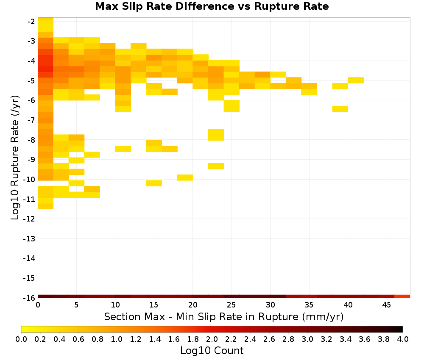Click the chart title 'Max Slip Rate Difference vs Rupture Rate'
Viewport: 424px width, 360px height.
coord(212,6)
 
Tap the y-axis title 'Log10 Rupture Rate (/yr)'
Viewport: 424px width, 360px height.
coord(15,158)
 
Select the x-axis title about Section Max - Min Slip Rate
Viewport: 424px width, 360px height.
coord(224,316)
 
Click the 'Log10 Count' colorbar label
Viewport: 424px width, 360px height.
coord(212,351)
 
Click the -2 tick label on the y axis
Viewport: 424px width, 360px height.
coord(31,21)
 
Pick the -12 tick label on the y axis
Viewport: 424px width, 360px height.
coord(29,219)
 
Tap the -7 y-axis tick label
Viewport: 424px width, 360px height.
coord(31,120)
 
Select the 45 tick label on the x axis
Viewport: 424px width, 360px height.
coord(387,305)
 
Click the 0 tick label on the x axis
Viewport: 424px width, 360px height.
coord(38,305)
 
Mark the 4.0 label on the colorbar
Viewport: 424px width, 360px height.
coord(403,339)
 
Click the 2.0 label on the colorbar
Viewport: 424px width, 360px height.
coord(212,339)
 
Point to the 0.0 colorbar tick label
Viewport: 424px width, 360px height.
coord(21,339)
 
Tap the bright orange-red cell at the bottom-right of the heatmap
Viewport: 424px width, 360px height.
coord(402,296)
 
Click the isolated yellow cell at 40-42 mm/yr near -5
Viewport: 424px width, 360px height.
coord(356,80)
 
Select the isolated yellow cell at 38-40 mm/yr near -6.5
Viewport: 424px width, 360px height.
coord(340,109)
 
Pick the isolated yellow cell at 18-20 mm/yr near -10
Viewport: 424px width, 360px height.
coord(185,177)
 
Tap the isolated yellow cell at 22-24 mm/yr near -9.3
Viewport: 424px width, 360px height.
coord(216,166)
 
